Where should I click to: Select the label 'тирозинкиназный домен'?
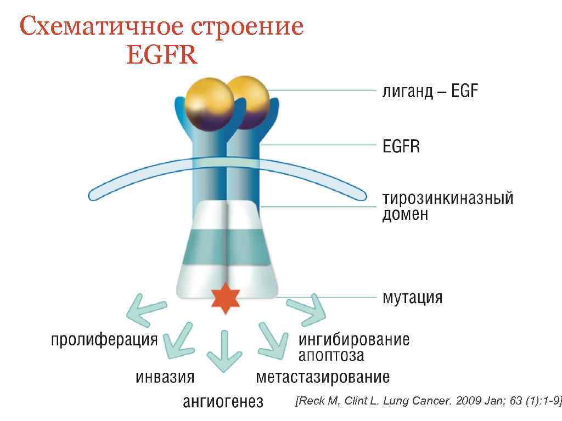(x=447, y=206)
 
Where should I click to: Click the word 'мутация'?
(x=412, y=298)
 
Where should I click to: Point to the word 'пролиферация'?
(x=104, y=340)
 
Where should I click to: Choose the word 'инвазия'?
(x=165, y=377)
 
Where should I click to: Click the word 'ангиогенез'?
(x=223, y=402)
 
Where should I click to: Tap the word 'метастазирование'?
(x=323, y=377)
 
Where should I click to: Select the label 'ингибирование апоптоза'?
(x=353, y=347)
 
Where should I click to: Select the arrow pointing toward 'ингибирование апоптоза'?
(x=306, y=310)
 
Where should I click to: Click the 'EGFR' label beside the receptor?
(x=401, y=146)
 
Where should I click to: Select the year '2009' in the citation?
(x=467, y=401)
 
